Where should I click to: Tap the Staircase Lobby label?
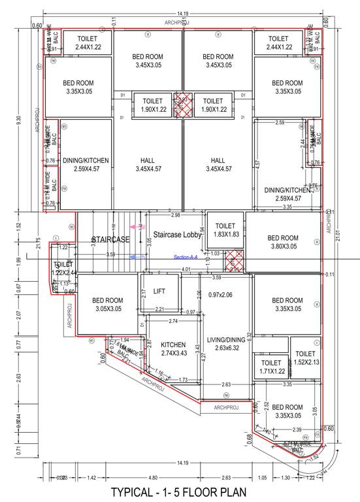177,234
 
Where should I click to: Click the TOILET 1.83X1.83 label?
225,230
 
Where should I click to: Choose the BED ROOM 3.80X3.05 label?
283,242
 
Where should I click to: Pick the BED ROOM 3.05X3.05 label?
109,304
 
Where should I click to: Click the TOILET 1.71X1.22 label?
270,367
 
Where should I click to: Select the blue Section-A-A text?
185,258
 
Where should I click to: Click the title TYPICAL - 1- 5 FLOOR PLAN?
179,492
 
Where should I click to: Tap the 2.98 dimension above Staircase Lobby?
175,215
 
